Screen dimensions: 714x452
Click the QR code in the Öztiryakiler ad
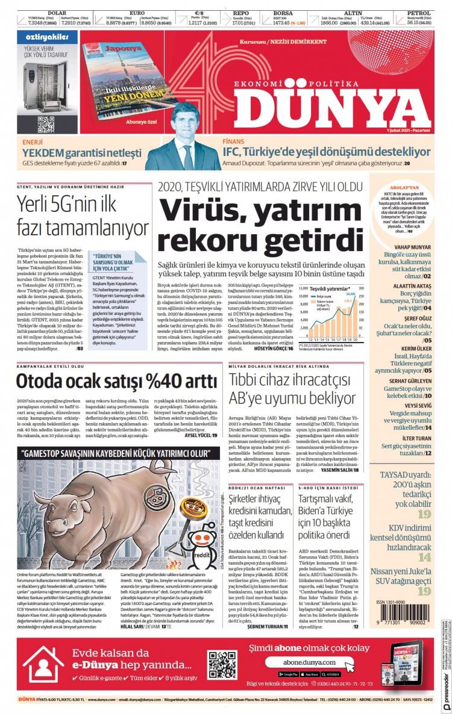pyautogui.click(x=46, y=124)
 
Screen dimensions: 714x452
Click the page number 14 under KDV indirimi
pyautogui.click(x=424, y=557)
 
